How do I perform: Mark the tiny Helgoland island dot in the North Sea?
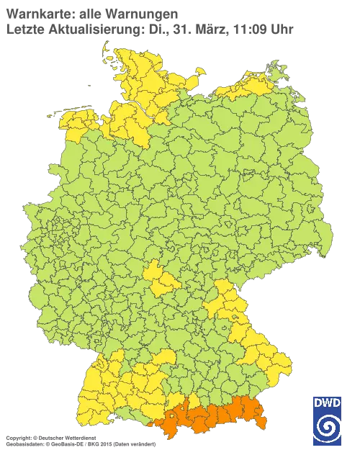[x=88, y=84]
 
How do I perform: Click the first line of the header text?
[x=90, y=12]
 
